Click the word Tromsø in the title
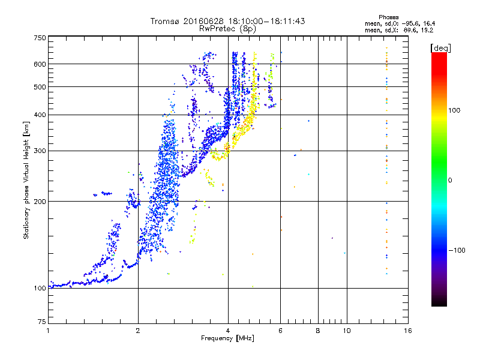pos(167,21)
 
